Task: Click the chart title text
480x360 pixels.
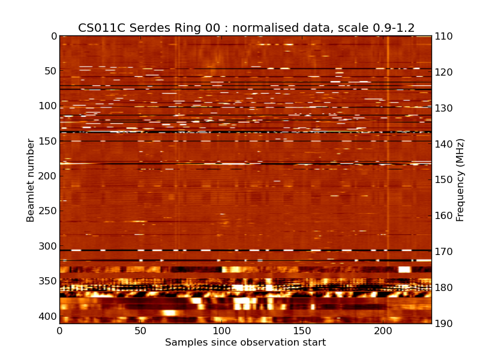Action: [x=246, y=28]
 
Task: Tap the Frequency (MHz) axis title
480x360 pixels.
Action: [x=460, y=180]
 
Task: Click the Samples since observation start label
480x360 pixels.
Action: [x=245, y=343]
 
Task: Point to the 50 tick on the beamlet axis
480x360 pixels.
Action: [x=50, y=71]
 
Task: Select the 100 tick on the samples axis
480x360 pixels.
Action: [x=221, y=331]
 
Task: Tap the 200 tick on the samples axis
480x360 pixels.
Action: [x=383, y=331]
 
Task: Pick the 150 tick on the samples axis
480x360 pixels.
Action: [x=302, y=331]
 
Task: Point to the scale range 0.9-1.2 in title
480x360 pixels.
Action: [x=385, y=28]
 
